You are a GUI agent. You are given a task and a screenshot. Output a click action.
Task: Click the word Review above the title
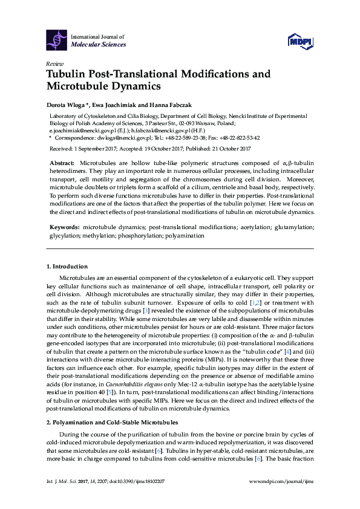tap(54, 63)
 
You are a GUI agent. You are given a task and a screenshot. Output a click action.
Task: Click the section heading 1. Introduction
tap(67, 266)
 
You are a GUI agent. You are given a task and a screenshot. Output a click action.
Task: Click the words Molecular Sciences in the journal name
tap(99, 44)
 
